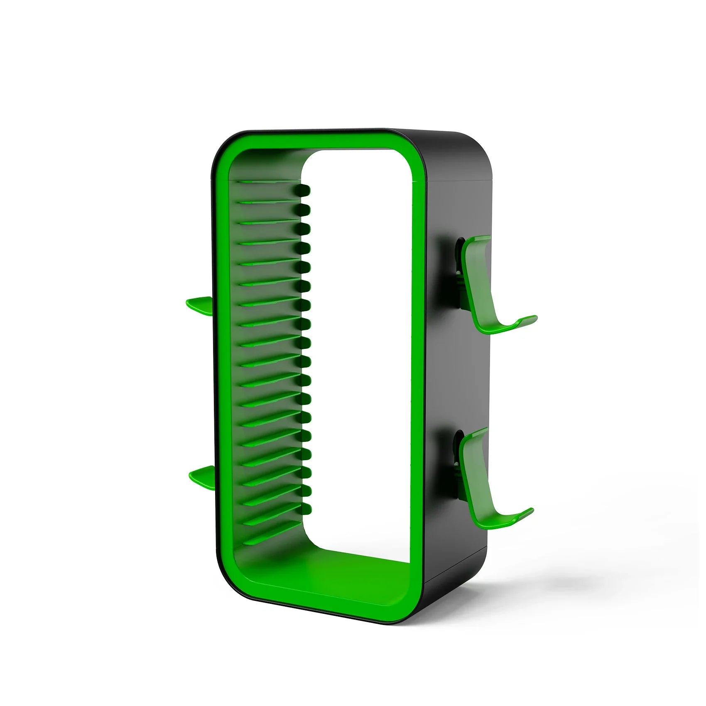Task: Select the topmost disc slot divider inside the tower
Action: tap(266, 182)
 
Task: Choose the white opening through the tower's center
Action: tap(357, 332)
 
